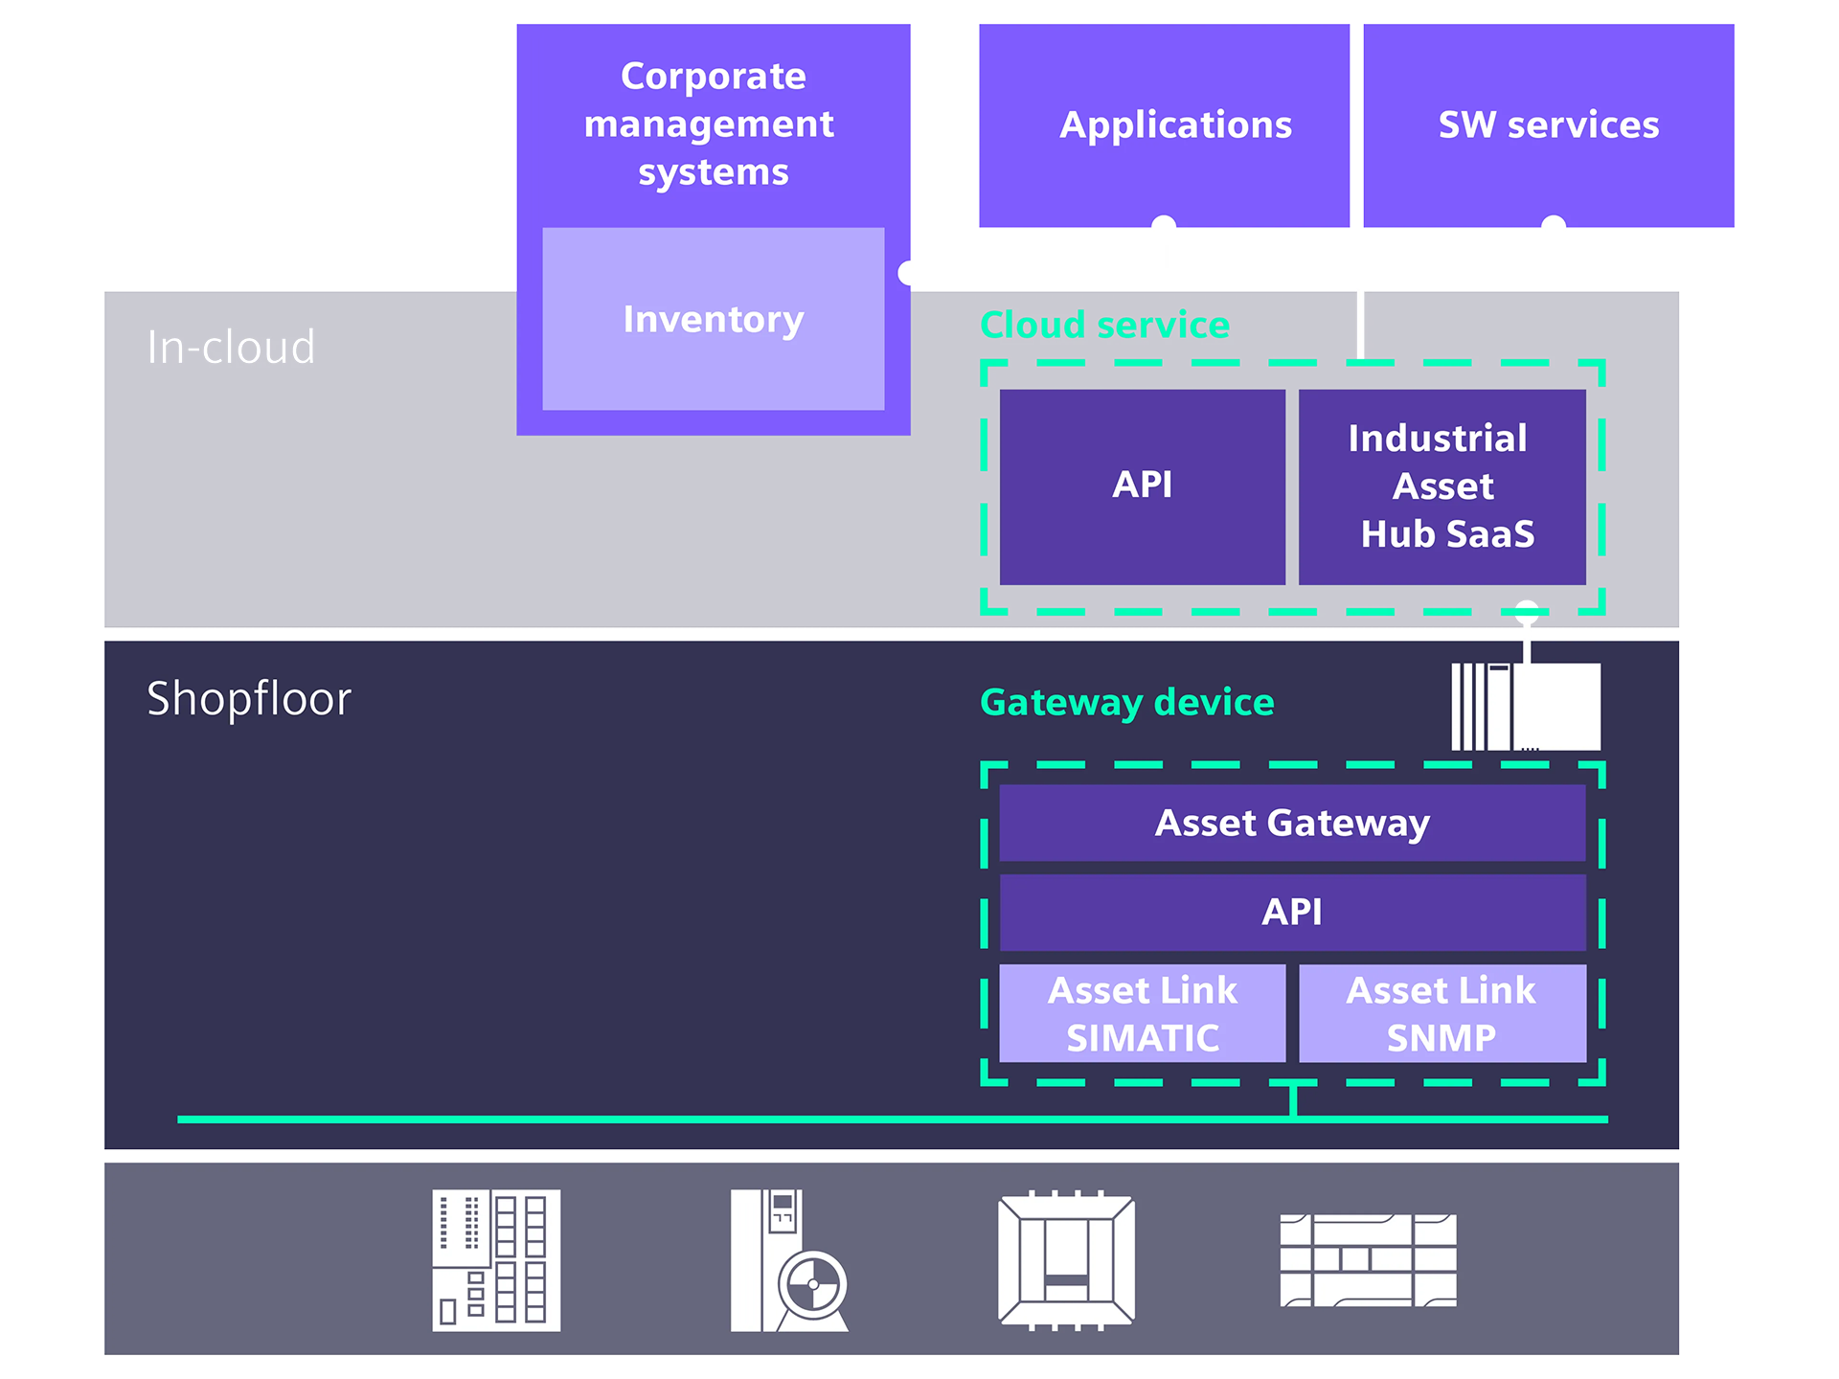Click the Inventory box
tap(713, 319)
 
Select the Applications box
tap(1164, 124)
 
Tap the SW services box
tap(1548, 124)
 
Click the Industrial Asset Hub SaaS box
tap(1442, 486)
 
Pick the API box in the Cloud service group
tap(1142, 486)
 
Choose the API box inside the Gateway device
tap(1292, 912)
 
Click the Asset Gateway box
tap(1292, 823)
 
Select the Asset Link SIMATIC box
tap(1142, 1013)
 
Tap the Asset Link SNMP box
tap(1442, 1013)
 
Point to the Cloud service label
tap(1104, 325)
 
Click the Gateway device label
tap(1126, 702)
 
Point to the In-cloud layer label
tap(231, 347)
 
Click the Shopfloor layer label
tap(249, 698)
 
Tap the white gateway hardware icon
tap(1526, 707)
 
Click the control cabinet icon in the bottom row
tap(496, 1260)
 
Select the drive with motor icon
tap(788, 1260)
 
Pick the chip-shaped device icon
tap(1066, 1260)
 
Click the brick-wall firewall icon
tap(1368, 1260)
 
